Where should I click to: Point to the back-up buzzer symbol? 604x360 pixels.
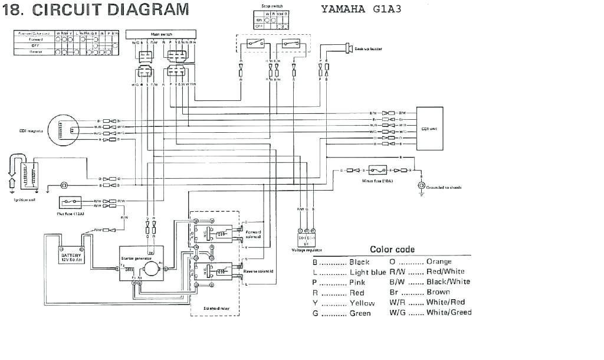click(x=347, y=47)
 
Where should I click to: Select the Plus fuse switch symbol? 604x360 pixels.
click(x=74, y=202)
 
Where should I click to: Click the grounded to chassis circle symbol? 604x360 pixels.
click(x=421, y=186)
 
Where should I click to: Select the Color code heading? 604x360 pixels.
click(x=392, y=249)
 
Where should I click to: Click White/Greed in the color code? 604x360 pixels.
click(x=449, y=312)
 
